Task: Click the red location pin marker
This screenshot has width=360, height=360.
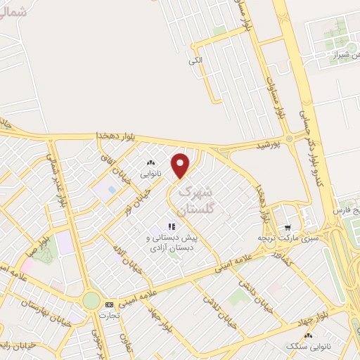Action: (x=181, y=165)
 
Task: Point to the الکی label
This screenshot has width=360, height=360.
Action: (x=195, y=60)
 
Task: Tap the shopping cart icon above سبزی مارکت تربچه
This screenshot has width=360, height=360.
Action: (x=288, y=228)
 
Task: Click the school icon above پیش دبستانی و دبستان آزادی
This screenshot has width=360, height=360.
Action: (x=172, y=226)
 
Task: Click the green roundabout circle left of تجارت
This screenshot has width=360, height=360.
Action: (x=91, y=301)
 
